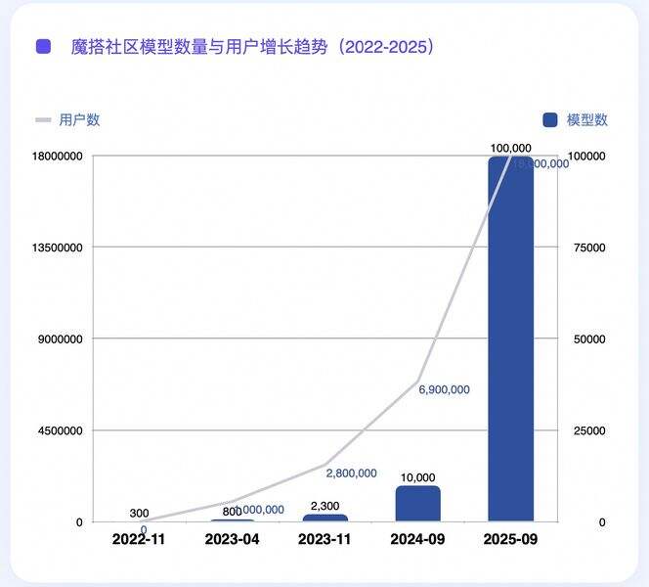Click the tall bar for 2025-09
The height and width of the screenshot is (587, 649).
point(511,338)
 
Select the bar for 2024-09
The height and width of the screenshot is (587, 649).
point(418,503)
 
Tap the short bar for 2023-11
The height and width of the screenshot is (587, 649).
point(325,518)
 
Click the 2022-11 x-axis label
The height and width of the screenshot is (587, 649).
point(140,539)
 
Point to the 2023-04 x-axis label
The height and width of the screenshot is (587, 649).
point(233,539)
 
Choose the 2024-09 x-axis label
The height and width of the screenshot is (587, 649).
point(418,539)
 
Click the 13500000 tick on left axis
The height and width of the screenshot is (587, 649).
point(59,248)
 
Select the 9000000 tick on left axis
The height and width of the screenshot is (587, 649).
point(62,339)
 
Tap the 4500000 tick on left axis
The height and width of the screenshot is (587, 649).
point(62,430)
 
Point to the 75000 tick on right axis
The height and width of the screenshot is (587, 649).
point(589,248)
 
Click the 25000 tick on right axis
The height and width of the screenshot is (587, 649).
point(589,430)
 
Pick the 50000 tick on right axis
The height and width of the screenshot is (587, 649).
point(589,339)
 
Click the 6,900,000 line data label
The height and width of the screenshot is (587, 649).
point(444,389)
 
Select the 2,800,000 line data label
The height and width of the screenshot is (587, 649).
point(351,474)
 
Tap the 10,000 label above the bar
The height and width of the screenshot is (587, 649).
point(418,477)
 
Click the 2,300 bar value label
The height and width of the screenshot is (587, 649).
point(325,506)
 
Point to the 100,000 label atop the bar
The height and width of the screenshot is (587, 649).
point(511,148)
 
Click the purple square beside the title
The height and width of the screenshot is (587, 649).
point(43,46)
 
